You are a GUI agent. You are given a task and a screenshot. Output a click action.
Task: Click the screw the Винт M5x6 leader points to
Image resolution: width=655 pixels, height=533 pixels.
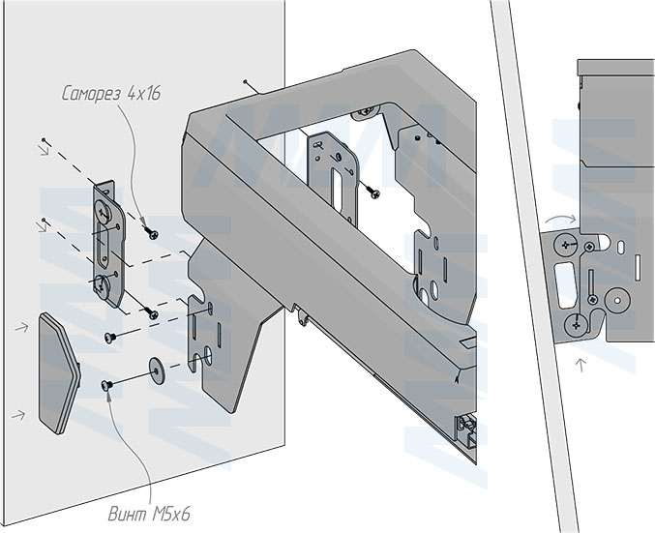coord(107,386)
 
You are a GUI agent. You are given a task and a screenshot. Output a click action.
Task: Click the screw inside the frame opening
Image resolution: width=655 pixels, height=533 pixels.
coord(371,190)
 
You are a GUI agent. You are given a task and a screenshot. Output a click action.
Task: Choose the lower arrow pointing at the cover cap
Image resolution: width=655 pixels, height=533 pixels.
coord(16,414)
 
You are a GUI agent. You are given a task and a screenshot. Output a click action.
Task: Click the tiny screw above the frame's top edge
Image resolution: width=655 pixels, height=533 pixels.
coord(249,84)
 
